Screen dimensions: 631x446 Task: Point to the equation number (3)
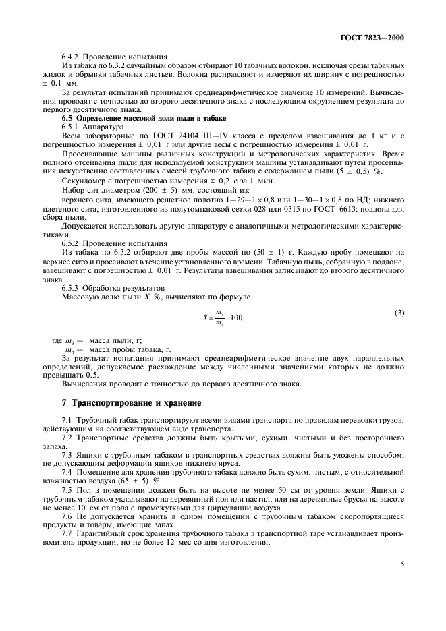tap(399, 312)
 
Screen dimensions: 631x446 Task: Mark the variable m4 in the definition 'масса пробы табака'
tap(68, 351)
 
